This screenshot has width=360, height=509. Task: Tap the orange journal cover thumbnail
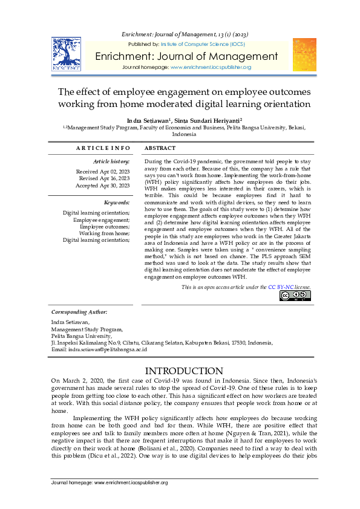(304, 54)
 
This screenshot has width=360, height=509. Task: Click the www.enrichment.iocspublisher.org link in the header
(211, 67)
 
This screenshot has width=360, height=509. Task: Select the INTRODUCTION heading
(180, 371)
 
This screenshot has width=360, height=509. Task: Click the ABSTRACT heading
(161, 148)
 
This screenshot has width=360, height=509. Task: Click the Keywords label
(117, 203)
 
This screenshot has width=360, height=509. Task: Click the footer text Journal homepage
(110, 482)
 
